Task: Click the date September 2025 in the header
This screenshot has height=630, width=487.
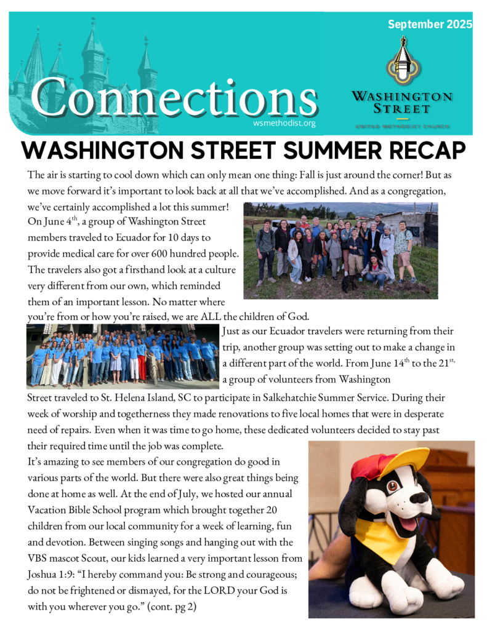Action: point(430,25)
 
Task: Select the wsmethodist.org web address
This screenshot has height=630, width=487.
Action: point(284,123)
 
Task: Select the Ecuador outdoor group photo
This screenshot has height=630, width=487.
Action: point(340,250)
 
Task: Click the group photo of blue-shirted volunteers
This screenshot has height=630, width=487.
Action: point(123,356)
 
